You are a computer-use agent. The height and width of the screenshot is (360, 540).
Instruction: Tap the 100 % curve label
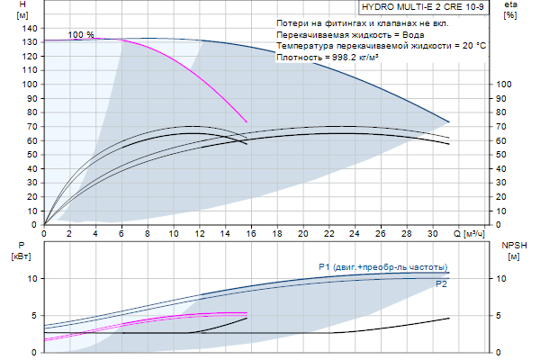pyautogui.click(x=81, y=34)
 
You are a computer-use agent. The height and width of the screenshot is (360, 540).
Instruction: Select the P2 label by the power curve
pyautogui.click(x=441, y=284)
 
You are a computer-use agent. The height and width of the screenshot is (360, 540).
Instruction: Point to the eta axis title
pyautogui.click(x=509, y=5)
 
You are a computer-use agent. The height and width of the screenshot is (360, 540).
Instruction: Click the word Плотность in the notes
pyautogui.click(x=298, y=57)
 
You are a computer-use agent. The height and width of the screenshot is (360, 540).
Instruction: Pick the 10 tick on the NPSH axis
pyautogui.click(x=504, y=278)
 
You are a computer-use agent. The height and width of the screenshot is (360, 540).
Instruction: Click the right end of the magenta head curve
pyautogui.click(x=247, y=121)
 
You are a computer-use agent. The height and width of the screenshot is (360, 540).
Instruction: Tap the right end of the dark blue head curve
pyautogui.click(x=448, y=121)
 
